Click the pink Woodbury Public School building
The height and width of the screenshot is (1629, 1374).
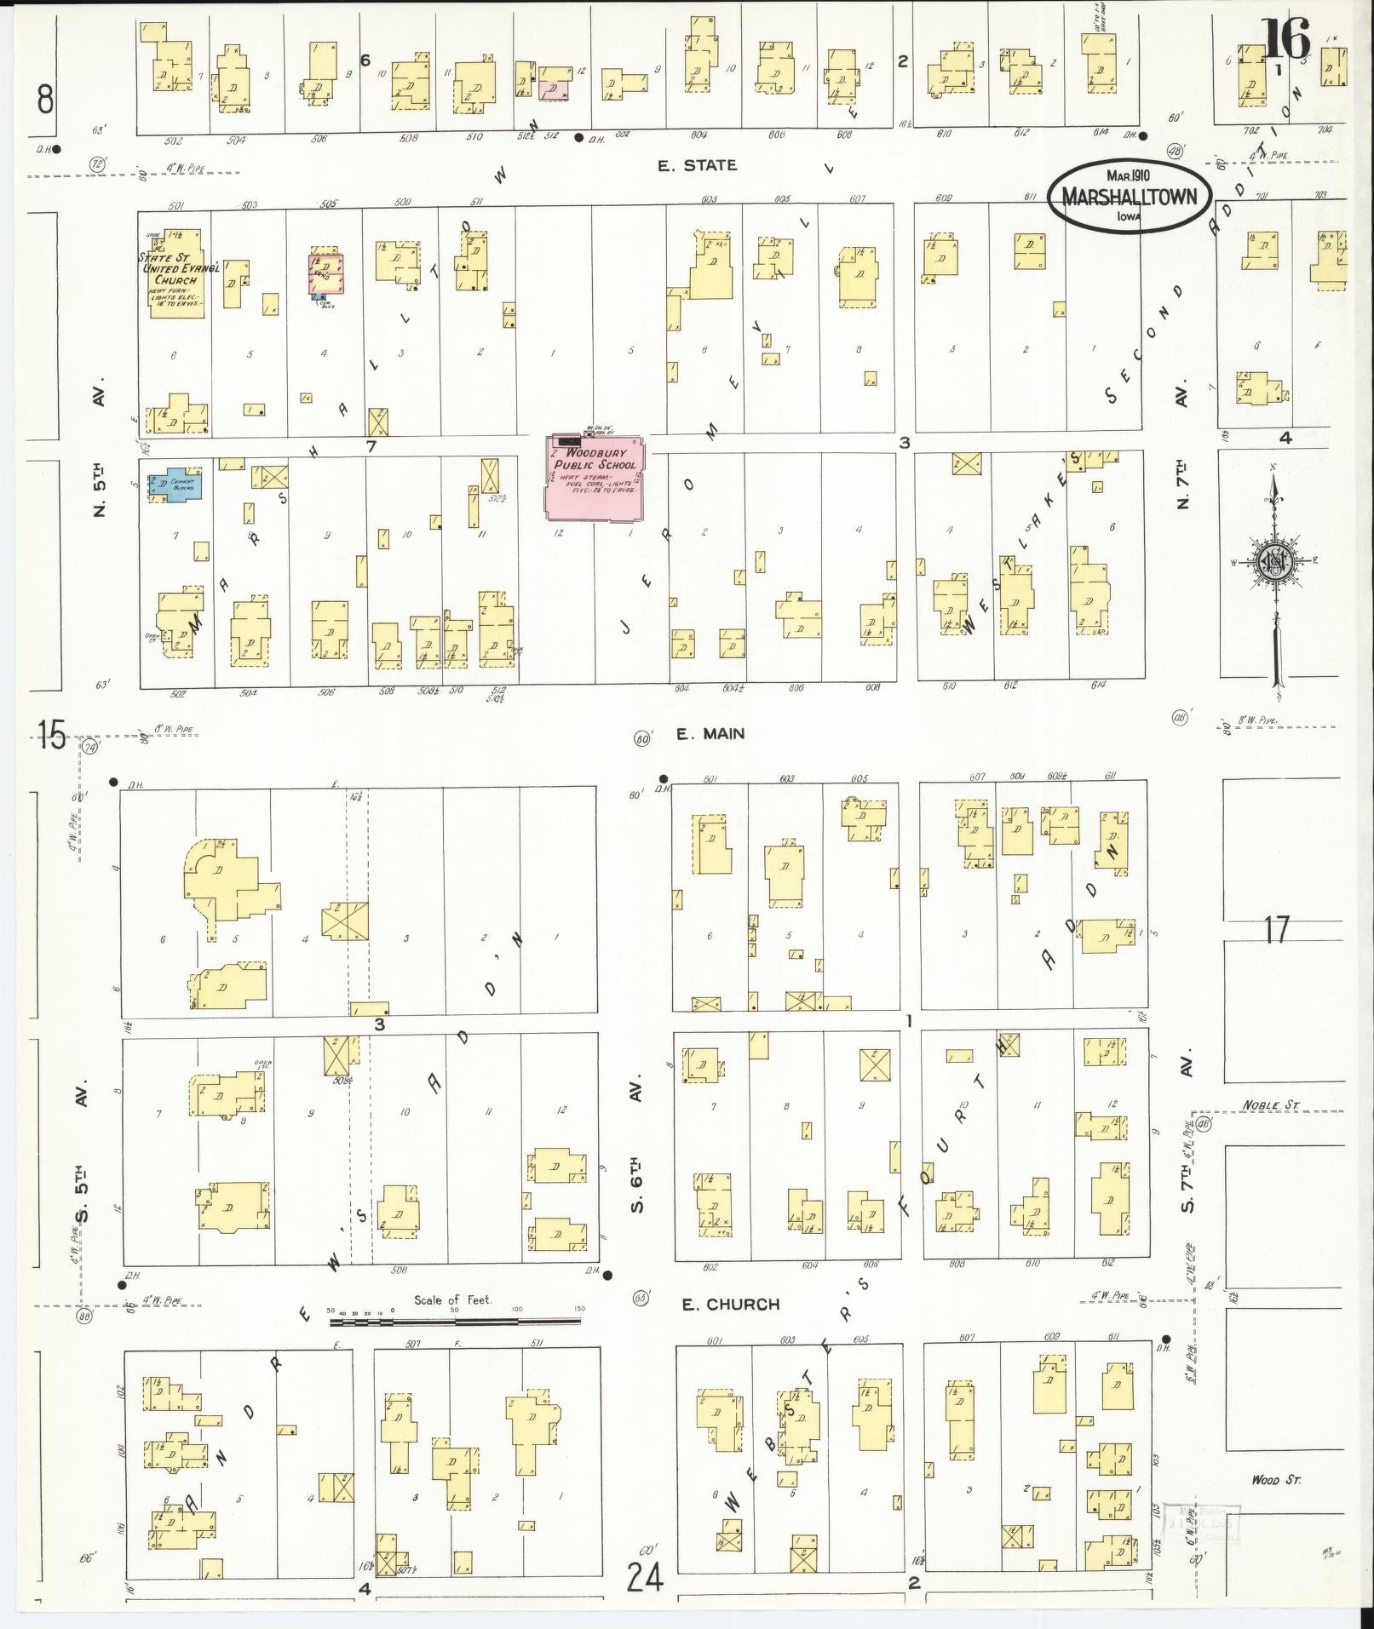[x=595, y=477]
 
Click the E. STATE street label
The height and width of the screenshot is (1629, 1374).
[x=697, y=165]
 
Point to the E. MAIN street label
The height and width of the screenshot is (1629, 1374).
[x=710, y=733]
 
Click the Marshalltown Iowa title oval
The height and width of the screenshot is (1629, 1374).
[x=1129, y=195]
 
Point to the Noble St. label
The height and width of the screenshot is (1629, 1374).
[x=1270, y=1104]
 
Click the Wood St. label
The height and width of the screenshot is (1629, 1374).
[x=1275, y=1480]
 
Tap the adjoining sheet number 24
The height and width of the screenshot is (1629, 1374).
[x=645, y=1577]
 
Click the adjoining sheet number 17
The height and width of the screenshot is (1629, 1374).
[x=1276, y=929]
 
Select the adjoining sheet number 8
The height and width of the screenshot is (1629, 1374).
[x=45, y=100]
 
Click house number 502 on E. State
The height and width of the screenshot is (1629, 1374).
[x=174, y=141]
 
